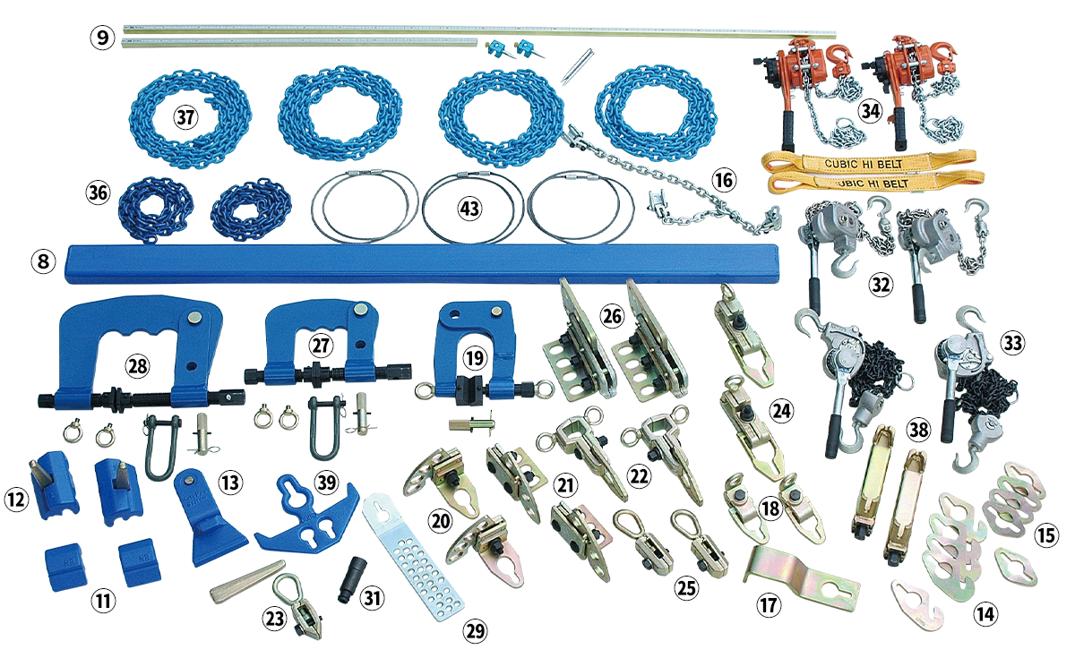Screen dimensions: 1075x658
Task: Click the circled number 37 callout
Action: click(185, 117)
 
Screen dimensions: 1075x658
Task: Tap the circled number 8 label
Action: click(43, 261)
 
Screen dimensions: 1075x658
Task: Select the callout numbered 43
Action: click(469, 209)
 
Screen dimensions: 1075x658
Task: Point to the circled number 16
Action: click(724, 180)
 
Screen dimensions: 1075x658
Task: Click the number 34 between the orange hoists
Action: click(871, 111)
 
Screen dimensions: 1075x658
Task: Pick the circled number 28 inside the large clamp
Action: click(137, 366)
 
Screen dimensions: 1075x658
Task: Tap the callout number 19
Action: click(475, 358)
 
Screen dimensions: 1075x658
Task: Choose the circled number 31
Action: click(373, 598)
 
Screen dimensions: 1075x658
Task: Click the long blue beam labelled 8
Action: click(421, 263)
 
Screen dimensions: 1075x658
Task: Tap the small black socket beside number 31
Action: click(352, 579)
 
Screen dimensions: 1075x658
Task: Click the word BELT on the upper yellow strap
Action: click(890, 164)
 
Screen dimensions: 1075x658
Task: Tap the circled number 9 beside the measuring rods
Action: click(102, 38)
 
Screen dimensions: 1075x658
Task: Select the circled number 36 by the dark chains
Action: click(98, 192)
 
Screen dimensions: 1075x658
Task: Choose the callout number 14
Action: click(985, 614)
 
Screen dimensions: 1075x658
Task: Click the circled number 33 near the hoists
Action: click(1012, 343)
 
